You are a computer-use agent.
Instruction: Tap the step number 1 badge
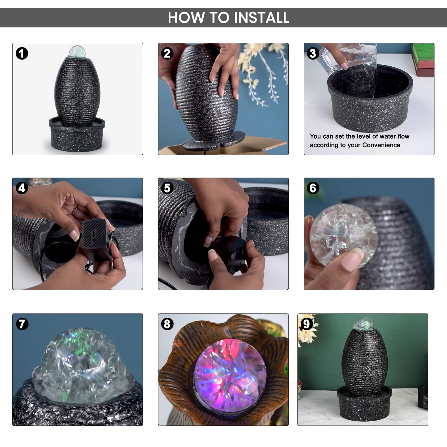click(x=22, y=53)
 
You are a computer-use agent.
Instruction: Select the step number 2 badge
click(x=167, y=53)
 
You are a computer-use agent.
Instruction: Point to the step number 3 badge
click(x=313, y=53)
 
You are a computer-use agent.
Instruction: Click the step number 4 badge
click(x=22, y=188)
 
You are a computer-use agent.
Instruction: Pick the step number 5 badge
click(x=167, y=188)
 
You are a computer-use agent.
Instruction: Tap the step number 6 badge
click(x=313, y=188)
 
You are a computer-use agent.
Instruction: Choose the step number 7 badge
click(x=22, y=324)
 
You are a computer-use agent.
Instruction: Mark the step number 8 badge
click(x=167, y=324)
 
